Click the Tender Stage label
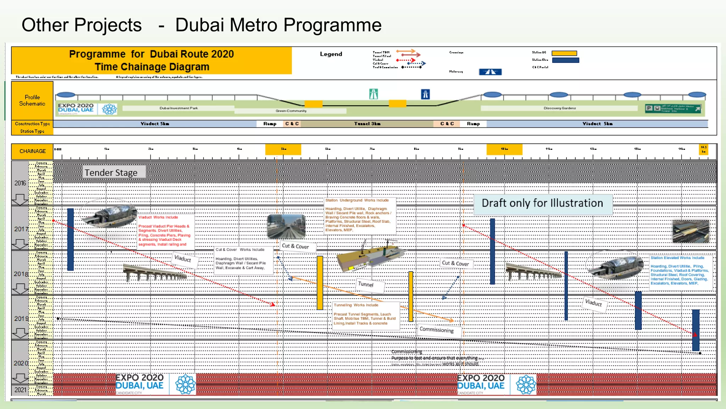click(111, 173)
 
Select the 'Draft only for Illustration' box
click(542, 203)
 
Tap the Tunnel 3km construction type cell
click(367, 124)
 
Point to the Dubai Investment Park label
click(179, 108)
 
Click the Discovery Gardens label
click(560, 108)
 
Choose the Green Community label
click(291, 111)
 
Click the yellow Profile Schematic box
click(32, 100)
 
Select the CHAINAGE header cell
click(32, 151)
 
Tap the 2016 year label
click(20, 183)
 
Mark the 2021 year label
click(20, 390)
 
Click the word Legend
click(331, 54)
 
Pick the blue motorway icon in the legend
click(490, 72)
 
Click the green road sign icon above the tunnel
click(373, 94)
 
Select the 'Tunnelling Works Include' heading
click(356, 305)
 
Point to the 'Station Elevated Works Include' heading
click(677, 258)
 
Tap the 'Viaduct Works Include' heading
click(158, 217)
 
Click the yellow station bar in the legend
click(564, 53)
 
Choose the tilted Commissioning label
click(436, 330)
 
